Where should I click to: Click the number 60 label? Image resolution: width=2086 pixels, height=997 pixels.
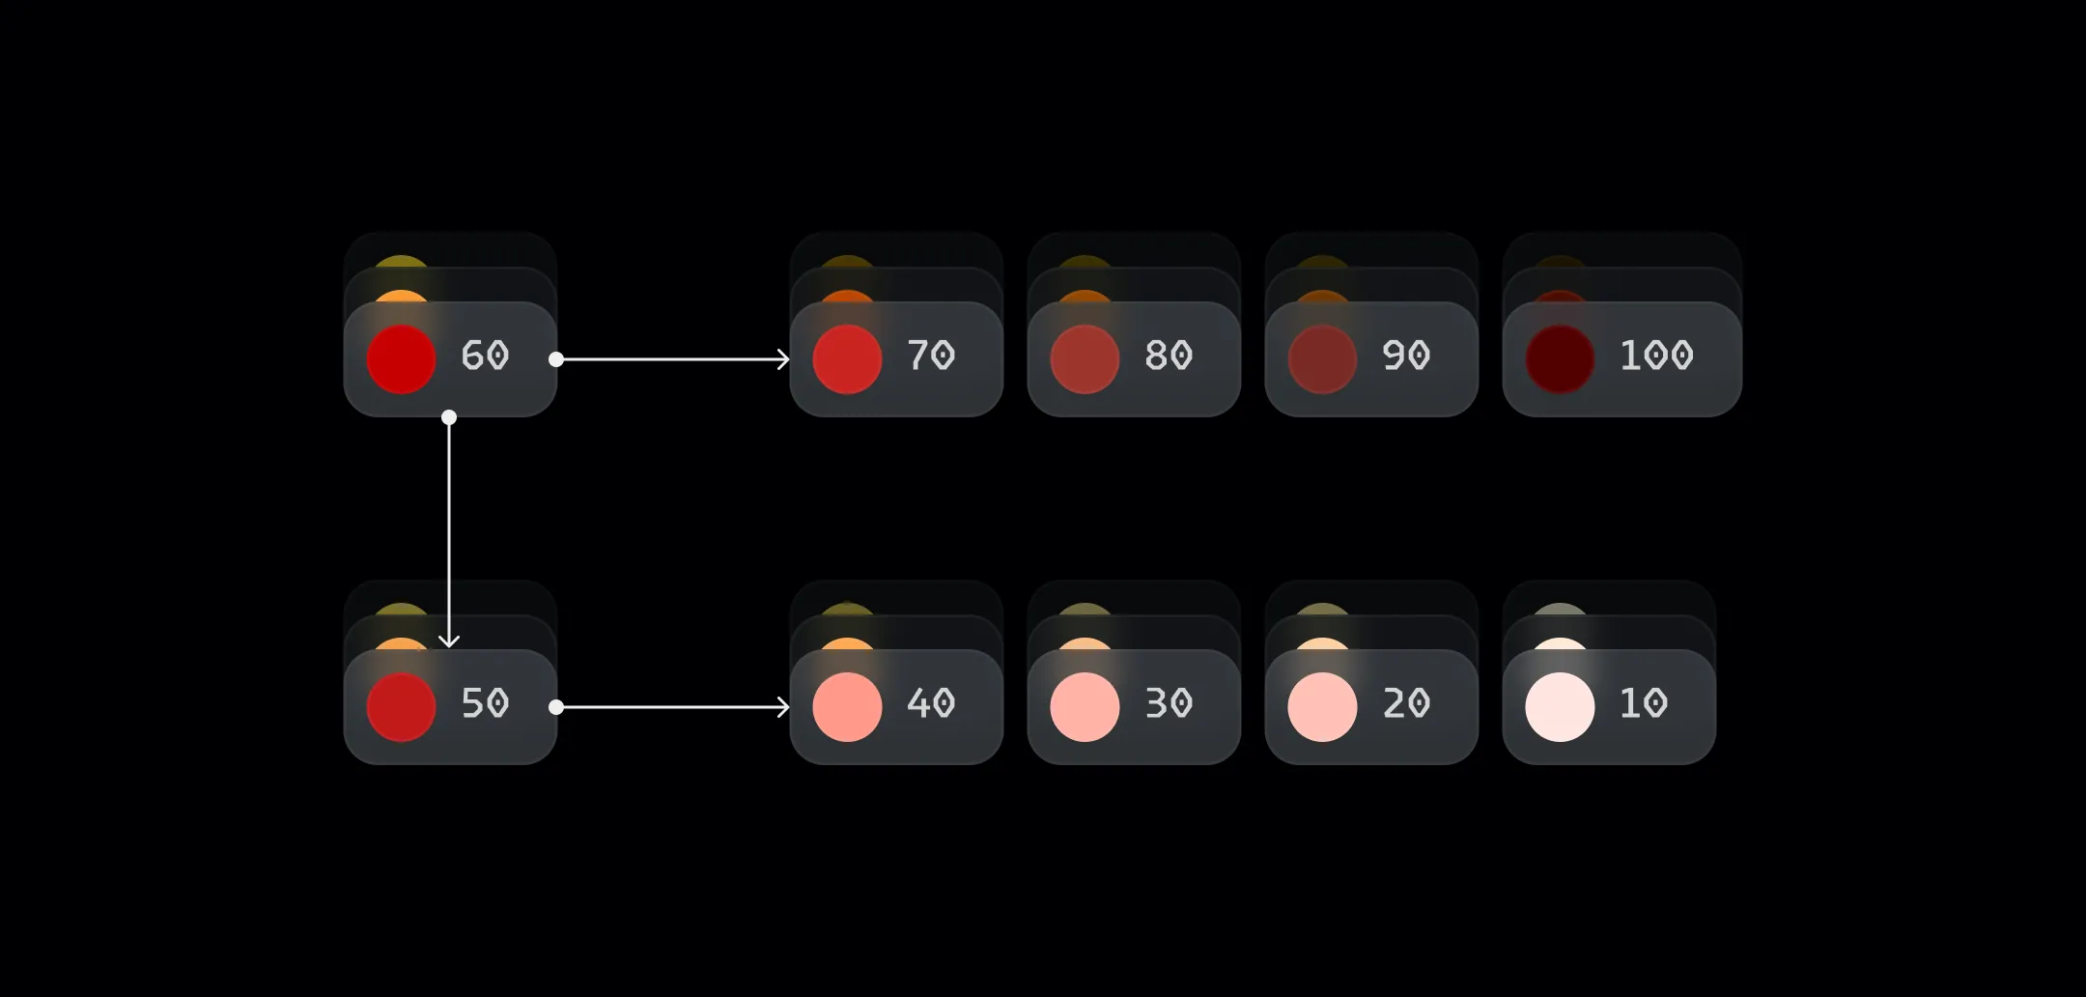click(485, 356)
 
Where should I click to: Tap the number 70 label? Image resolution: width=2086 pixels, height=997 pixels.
click(931, 356)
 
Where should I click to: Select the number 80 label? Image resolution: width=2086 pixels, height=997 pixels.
click(1169, 356)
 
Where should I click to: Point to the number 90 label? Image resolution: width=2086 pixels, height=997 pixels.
click(1406, 356)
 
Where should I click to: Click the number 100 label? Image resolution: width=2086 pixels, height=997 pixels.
click(1656, 356)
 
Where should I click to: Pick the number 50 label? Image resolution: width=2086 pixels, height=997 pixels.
click(485, 703)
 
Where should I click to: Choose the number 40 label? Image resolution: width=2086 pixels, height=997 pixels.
click(931, 703)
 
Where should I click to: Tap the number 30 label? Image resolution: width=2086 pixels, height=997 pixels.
click(1169, 703)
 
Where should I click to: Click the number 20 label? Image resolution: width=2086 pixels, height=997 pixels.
click(1406, 703)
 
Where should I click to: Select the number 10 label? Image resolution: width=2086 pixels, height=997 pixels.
click(1644, 703)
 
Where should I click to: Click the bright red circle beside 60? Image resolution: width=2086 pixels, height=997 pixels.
click(402, 359)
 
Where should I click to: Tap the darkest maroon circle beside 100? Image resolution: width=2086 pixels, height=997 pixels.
click(1560, 359)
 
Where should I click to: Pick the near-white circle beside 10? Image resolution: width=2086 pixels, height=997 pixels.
click(1560, 707)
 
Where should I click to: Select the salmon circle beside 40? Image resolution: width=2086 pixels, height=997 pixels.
click(847, 707)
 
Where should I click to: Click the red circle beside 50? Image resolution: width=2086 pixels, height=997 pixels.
click(402, 707)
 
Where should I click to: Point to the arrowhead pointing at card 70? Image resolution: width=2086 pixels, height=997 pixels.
click(784, 359)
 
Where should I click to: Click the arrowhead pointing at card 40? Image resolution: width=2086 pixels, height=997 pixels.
click(784, 707)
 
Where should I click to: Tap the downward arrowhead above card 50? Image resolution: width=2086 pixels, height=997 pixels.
click(449, 641)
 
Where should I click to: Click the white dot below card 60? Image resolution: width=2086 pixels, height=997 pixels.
click(449, 417)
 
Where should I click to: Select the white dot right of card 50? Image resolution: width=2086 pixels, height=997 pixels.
click(556, 707)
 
